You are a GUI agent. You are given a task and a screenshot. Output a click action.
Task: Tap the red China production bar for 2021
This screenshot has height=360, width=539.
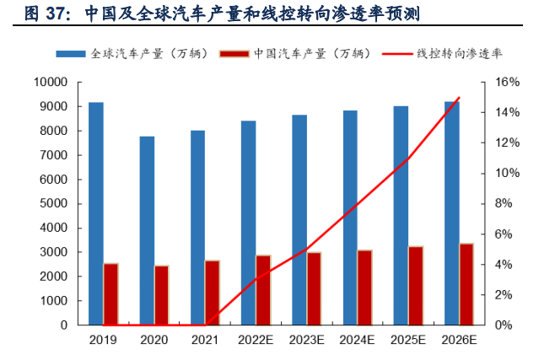pos(212,293)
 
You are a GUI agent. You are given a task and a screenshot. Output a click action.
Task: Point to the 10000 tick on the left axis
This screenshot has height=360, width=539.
pos(50,83)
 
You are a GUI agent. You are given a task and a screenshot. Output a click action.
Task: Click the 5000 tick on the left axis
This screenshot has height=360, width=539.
pos(52,203)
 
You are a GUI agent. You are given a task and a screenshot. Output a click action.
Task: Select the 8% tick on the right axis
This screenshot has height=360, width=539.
pos(504,203)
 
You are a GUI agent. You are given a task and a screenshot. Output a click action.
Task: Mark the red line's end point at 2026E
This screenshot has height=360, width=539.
pos(459,98)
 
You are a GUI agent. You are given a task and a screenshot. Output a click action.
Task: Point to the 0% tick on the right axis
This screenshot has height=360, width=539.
pos(504,325)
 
